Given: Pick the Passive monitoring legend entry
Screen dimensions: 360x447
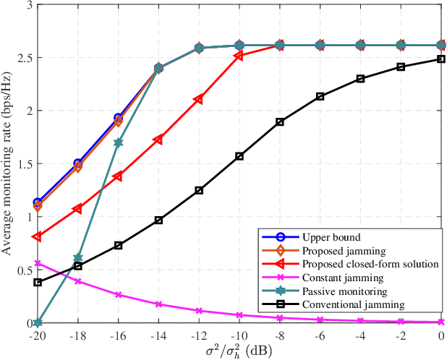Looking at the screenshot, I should (336, 291).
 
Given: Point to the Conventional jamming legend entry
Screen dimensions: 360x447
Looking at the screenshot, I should (344, 305).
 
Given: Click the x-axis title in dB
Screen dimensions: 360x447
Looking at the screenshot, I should (239, 349).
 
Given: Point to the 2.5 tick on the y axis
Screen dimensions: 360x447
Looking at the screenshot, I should (23, 57).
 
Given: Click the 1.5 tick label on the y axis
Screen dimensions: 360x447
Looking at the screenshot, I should (23, 164).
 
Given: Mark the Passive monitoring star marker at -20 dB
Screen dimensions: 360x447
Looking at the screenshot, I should (38, 323).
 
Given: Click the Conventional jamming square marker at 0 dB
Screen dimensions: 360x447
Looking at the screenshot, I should (440, 59).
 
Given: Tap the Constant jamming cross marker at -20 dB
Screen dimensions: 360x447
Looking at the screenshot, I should (38, 263).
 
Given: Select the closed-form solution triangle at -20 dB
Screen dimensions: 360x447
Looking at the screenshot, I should (38, 236).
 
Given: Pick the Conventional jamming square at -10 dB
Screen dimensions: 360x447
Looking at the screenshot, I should (239, 156).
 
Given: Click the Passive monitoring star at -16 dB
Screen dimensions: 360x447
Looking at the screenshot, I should (118, 142).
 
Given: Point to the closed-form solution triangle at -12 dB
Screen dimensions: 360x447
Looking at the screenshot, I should (199, 99).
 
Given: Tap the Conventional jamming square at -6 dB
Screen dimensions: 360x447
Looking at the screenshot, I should (320, 96).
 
